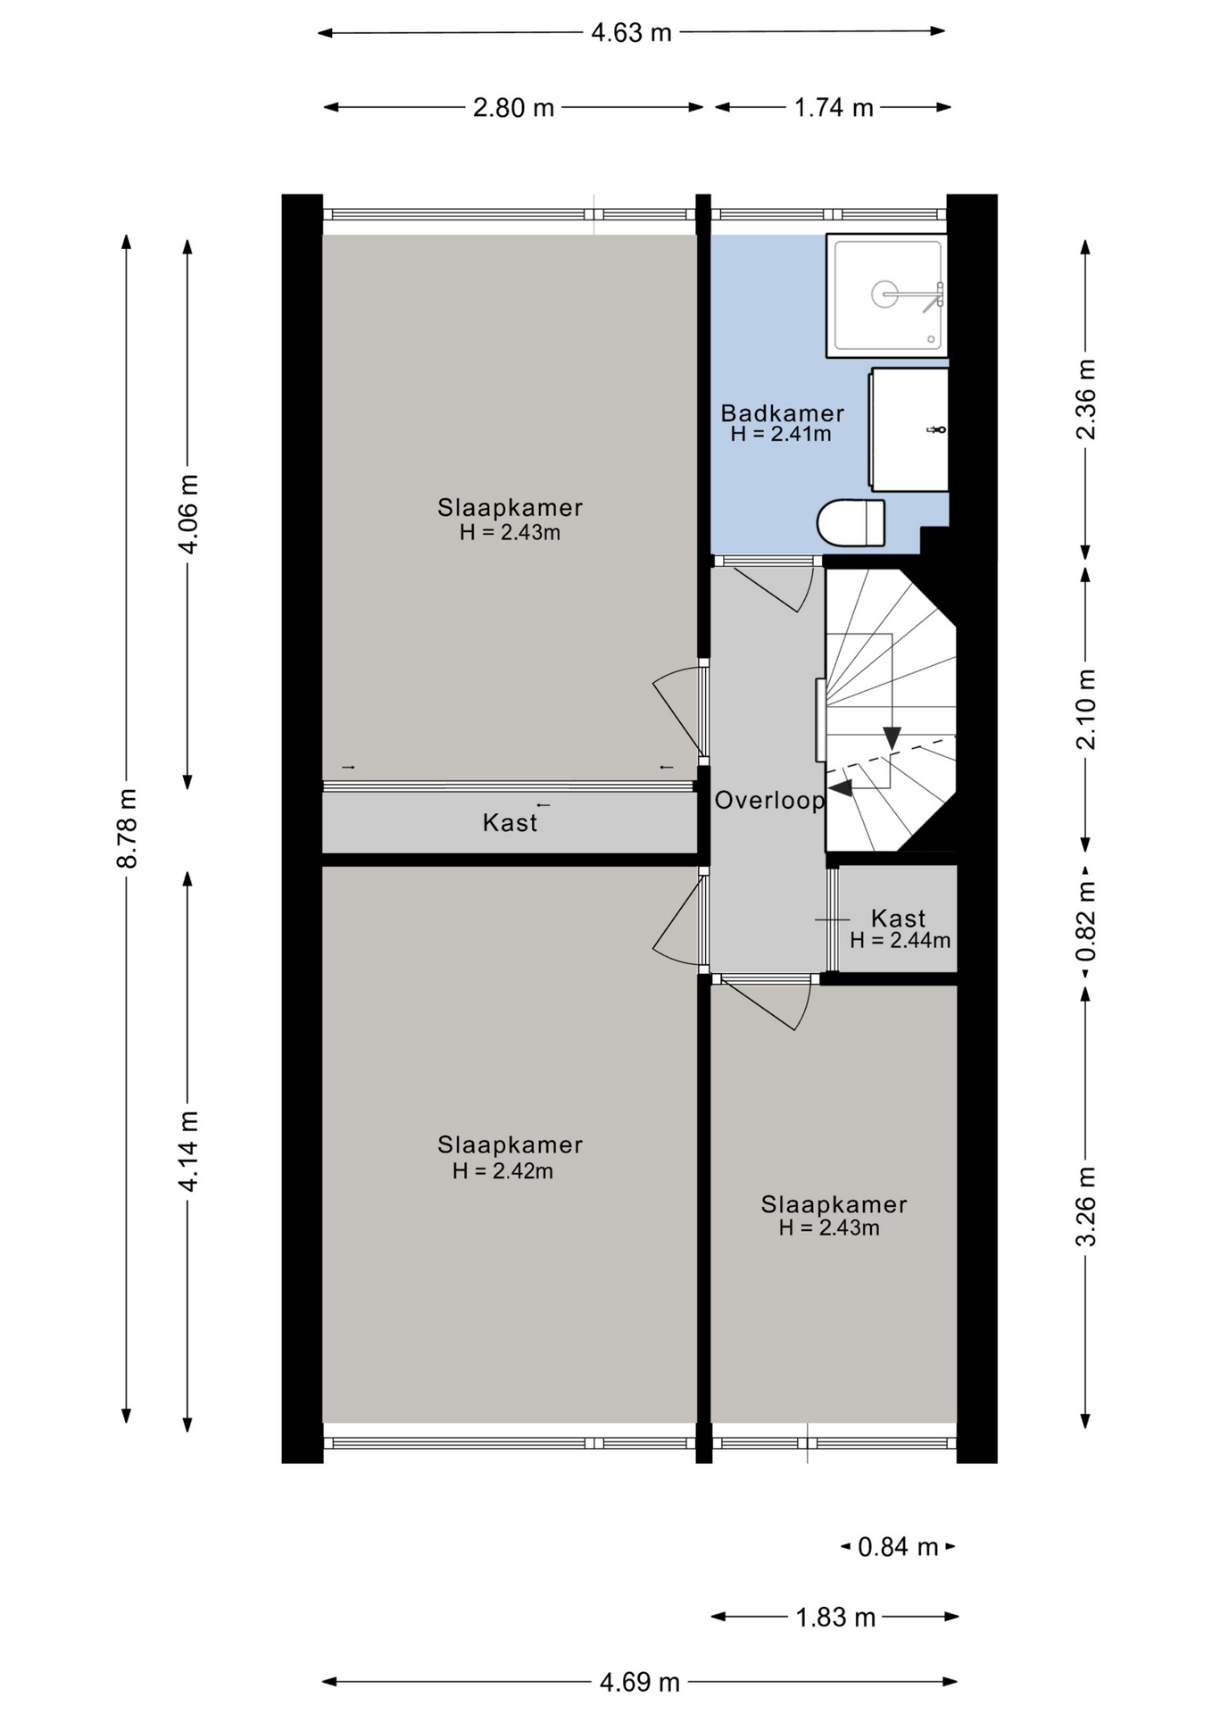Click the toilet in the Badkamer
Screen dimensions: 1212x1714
pyautogui.click(x=851, y=522)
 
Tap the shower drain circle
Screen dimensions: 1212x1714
pyautogui.click(x=884, y=294)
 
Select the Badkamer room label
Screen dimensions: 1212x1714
pyautogui.click(x=782, y=413)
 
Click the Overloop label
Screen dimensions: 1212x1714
pyautogui.click(x=769, y=800)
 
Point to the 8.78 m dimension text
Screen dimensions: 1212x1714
pyautogui.click(x=127, y=828)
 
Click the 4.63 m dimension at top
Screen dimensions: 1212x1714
pyautogui.click(x=631, y=33)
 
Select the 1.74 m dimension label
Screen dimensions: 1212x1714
pyautogui.click(x=834, y=108)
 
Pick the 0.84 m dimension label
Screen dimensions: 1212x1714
pyautogui.click(x=898, y=1546)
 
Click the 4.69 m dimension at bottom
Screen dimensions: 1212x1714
pyautogui.click(x=639, y=1682)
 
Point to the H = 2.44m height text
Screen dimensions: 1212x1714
pyautogui.click(x=900, y=940)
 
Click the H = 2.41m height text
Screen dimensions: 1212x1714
pyautogui.click(x=781, y=434)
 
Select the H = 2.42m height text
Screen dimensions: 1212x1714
pyautogui.click(x=502, y=1170)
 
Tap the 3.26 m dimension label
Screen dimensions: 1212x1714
pyautogui.click(x=1086, y=1206)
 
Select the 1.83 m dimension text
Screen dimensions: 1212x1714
pyautogui.click(x=835, y=1617)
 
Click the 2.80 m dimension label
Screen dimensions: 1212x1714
pyautogui.click(x=513, y=108)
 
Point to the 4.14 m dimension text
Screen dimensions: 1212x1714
pyautogui.click(x=188, y=1151)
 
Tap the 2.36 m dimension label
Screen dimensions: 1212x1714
pyautogui.click(x=1086, y=399)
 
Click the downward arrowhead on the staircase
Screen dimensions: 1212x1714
pyautogui.click(x=892, y=738)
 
